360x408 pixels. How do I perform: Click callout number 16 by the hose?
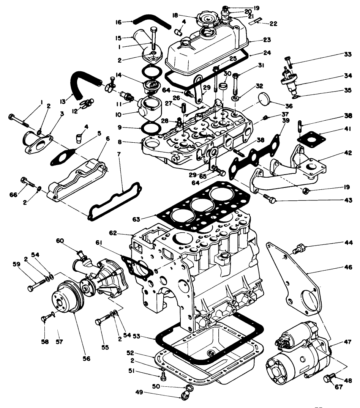pos(118,22)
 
